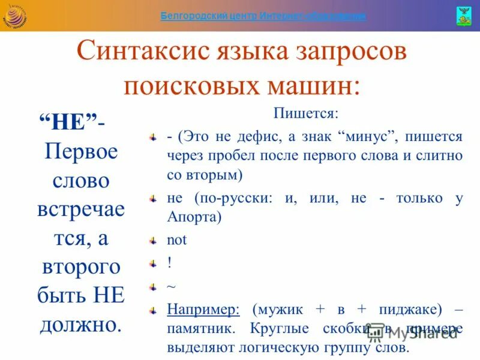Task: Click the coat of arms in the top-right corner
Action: (464, 15)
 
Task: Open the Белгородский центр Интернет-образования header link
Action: (263, 16)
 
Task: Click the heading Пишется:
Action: (306, 113)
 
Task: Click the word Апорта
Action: (194, 217)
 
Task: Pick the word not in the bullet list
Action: (177, 240)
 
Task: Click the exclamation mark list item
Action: (170, 263)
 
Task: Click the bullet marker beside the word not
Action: (154, 240)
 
